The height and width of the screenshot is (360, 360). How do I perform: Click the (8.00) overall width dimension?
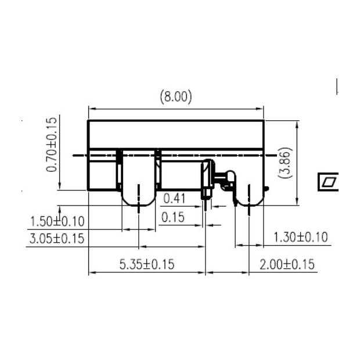[175, 97]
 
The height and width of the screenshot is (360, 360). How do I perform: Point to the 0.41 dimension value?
[174, 199]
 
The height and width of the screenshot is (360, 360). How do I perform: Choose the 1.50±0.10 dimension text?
[57, 222]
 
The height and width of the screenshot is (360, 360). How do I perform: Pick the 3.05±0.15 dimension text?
[56, 238]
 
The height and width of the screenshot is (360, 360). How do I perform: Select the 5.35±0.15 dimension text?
[146, 264]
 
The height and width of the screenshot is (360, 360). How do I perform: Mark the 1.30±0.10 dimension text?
[300, 237]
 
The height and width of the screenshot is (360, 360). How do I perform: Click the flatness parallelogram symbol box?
[329, 182]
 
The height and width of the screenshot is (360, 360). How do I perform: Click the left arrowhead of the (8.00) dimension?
[91, 108]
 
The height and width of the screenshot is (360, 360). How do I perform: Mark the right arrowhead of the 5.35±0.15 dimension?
[203, 273]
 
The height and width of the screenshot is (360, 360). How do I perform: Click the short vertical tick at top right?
[337, 87]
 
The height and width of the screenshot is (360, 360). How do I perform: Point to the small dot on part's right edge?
[267, 188]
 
